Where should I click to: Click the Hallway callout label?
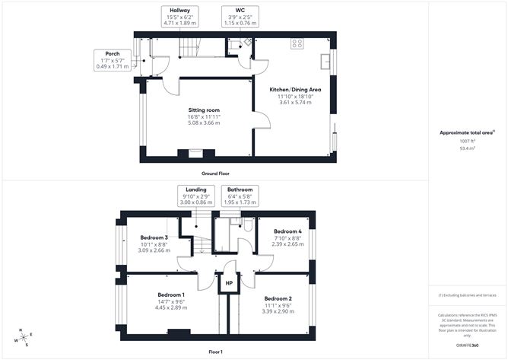click(180, 16)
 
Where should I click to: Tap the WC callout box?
click(240, 16)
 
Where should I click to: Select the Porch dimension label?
click(113, 61)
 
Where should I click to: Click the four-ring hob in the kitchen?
click(296, 44)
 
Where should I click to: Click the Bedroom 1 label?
click(171, 295)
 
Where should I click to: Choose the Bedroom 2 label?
click(278, 298)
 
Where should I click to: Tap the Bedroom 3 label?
click(154, 237)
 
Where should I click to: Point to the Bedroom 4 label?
click(288, 231)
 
